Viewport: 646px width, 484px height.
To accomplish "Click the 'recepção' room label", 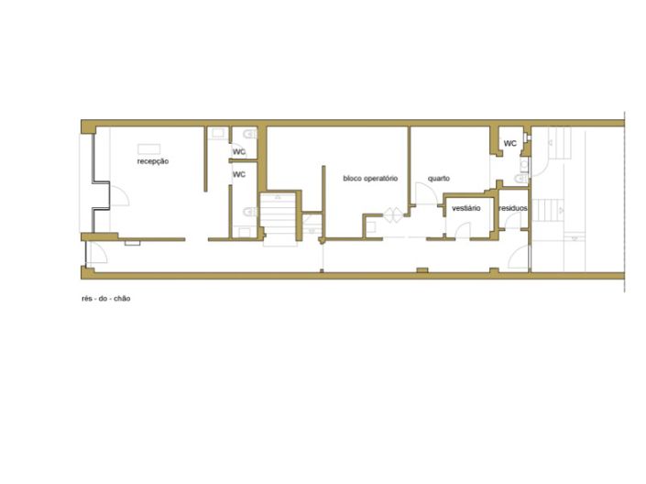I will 153,161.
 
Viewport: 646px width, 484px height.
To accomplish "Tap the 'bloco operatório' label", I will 370,178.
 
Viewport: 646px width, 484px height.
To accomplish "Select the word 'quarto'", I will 438,178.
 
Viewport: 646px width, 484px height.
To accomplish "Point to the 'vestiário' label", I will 466,209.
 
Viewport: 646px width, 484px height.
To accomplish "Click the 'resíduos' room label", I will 513,209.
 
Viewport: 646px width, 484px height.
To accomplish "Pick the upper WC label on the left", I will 238,152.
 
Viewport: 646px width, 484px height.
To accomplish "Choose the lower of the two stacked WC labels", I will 238,174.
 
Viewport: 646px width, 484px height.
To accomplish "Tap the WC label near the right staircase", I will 509,144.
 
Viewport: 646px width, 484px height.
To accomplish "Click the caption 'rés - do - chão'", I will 105,299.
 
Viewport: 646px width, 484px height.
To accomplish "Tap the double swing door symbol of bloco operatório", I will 392,214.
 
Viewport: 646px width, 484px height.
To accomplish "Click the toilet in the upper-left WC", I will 249,134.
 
